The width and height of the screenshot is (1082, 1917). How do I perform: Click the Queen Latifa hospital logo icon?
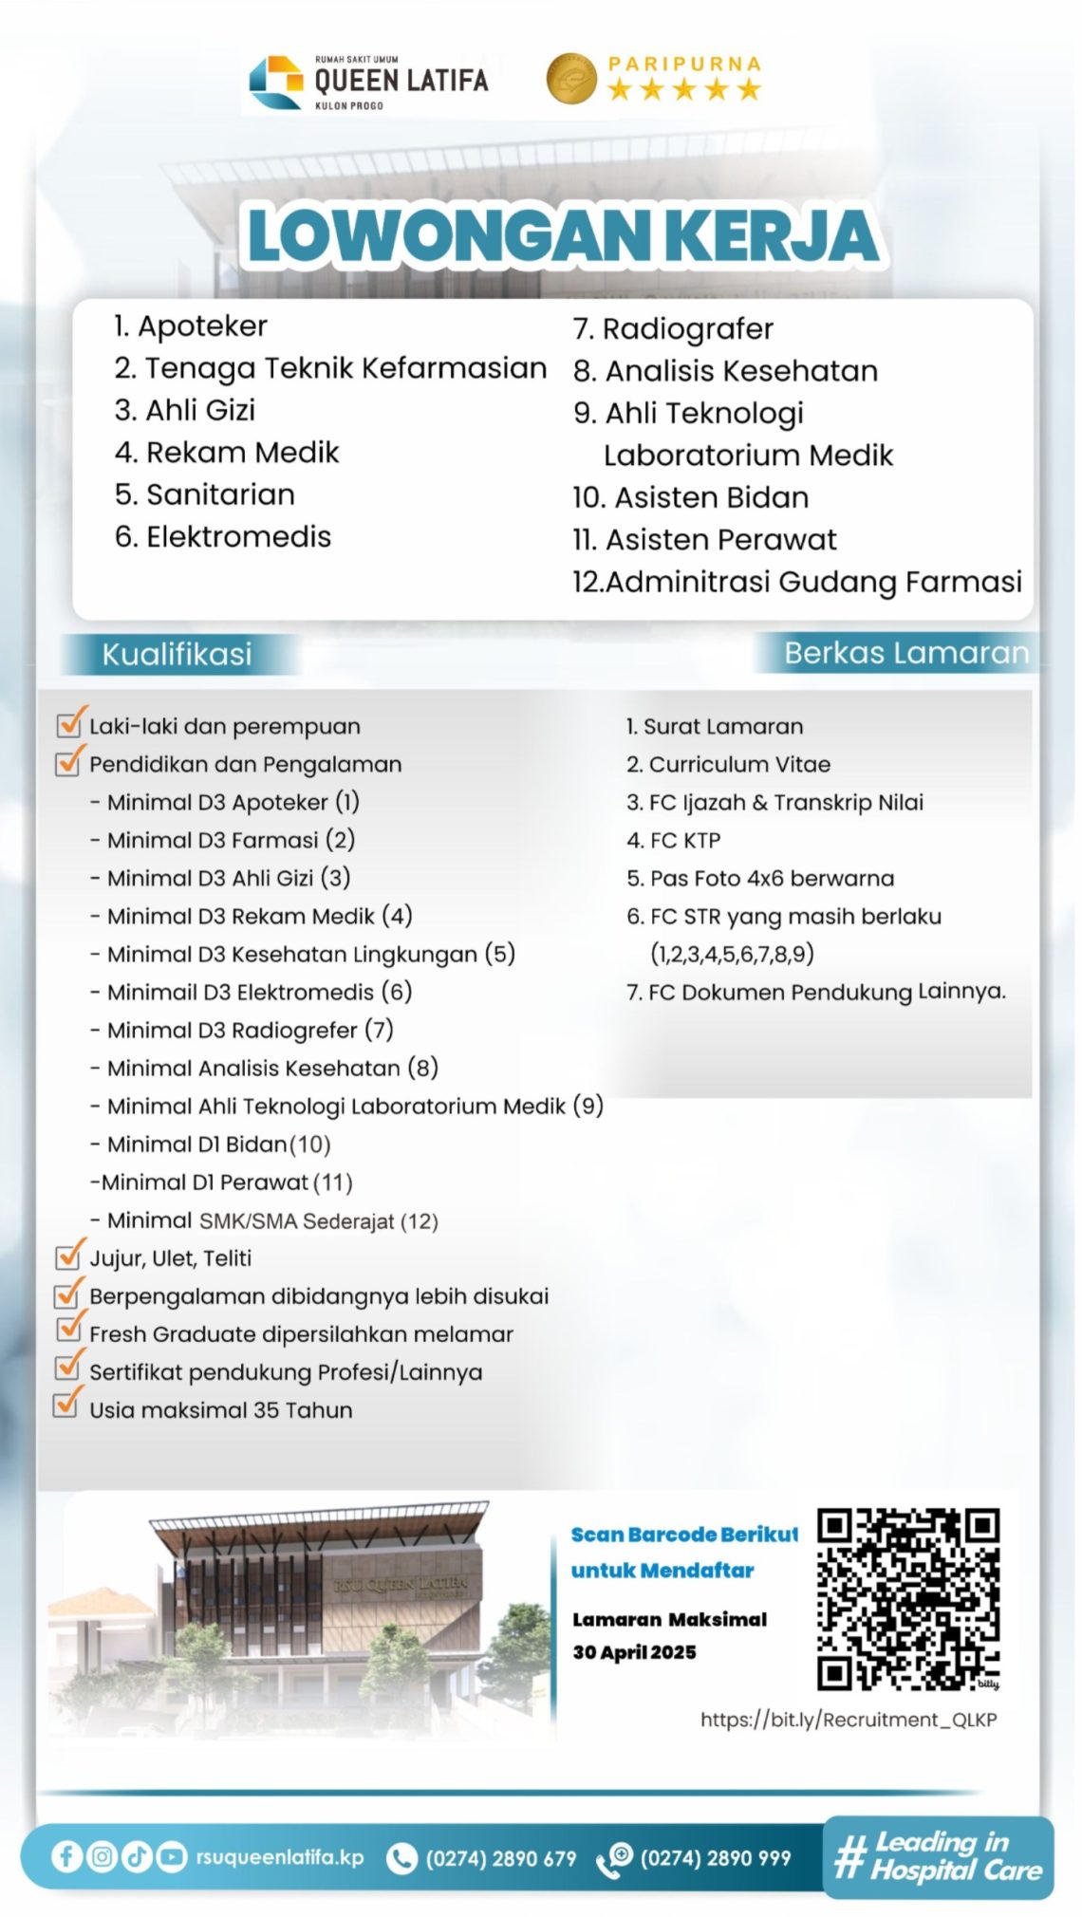click(x=275, y=83)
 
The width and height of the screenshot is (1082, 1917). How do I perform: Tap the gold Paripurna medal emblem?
click(x=570, y=78)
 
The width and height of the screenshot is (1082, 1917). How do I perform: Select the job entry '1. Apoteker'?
click(x=191, y=326)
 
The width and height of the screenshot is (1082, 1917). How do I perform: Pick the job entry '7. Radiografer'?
click(x=673, y=329)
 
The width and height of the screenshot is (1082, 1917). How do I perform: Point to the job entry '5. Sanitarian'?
click(x=205, y=494)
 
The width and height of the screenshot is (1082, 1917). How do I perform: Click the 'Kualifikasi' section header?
click(x=177, y=654)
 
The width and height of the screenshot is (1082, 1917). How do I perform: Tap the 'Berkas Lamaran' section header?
click(x=905, y=653)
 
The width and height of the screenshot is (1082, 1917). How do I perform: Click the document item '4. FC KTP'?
click(x=674, y=840)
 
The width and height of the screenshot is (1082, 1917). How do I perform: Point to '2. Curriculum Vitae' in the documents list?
click(x=728, y=764)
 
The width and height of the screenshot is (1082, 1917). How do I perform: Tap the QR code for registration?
click(x=907, y=1599)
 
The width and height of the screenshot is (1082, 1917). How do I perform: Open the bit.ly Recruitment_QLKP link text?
click(x=849, y=1720)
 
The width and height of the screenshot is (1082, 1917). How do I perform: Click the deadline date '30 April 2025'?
click(x=634, y=1652)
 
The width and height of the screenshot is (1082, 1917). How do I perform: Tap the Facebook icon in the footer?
click(x=66, y=1856)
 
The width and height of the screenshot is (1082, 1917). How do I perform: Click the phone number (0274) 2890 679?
click(x=500, y=1858)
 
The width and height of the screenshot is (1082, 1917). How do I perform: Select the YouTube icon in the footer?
click(x=171, y=1856)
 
